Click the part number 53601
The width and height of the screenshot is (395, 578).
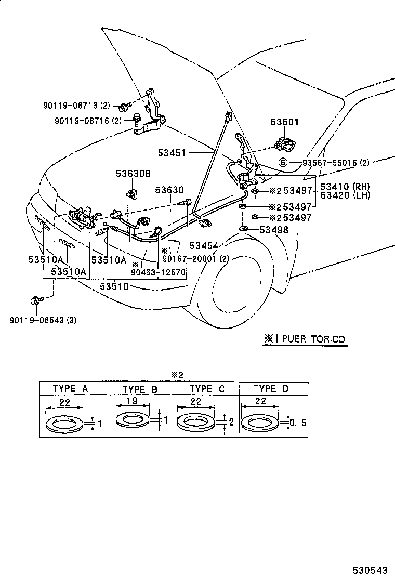tap(285, 123)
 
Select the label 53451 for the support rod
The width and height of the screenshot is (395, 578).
tap(173, 152)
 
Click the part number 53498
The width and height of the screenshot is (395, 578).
tap(274, 229)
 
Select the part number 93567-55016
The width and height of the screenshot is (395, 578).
tap(331, 163)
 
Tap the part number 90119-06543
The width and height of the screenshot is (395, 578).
tap(43, 320)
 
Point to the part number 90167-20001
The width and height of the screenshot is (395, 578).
tap(187, 259)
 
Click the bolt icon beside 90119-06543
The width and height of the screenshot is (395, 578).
tap(36, 300)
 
